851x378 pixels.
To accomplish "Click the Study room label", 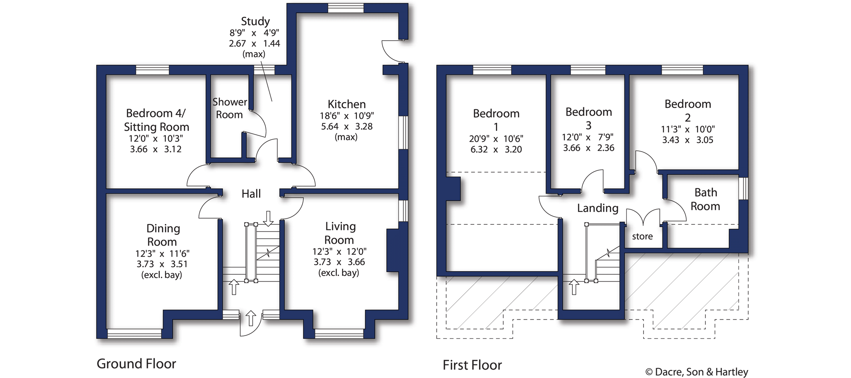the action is click(255, 21).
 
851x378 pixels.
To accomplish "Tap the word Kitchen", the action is click(347, 104).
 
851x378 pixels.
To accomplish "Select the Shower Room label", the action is click(229, 108).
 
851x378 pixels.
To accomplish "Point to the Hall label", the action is click(251, 194).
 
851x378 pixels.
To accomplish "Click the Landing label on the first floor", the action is click(598, 208).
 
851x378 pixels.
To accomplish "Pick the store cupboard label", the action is click(642, 236).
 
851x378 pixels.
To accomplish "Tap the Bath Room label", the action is click(705, 199).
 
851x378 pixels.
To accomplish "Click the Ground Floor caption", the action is click(136, 364).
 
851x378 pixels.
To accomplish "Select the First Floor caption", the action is click(472, 365).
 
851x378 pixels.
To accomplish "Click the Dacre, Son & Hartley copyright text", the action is click(696, 372).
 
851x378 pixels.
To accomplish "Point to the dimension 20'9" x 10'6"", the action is click(496, 139).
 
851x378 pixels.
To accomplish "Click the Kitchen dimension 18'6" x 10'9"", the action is click(347, 116).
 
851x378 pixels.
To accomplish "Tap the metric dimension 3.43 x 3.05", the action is click(687, 140).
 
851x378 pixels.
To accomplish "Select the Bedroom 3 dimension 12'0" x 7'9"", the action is click(588, 137).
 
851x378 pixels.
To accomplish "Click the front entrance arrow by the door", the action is click(251, 318).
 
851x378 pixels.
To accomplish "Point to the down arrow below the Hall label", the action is click(268, 218).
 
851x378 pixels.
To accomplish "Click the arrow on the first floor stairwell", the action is click(574, 287).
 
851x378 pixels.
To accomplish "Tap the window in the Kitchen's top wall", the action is click(345, 8).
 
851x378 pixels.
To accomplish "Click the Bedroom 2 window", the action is click(682, 70).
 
